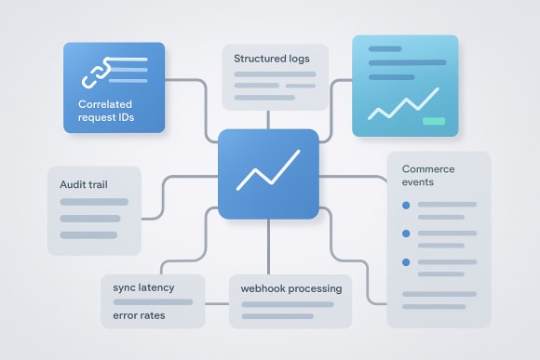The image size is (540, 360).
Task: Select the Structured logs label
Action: tap(271, 59)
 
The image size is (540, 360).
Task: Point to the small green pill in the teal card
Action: tap(433, 121)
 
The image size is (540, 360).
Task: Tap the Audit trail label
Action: tap(85, 184)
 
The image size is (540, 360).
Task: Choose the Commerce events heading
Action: tap(429, 176)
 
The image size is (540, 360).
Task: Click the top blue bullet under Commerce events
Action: tap(405, 205)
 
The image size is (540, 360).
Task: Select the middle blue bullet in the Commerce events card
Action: tap(405, 233)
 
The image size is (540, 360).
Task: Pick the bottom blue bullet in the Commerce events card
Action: tap(405, 262)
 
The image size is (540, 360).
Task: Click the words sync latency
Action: tap(142, 287)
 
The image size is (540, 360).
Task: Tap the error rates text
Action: tap(138, 314)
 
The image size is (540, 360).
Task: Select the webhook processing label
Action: tap(290, 288)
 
